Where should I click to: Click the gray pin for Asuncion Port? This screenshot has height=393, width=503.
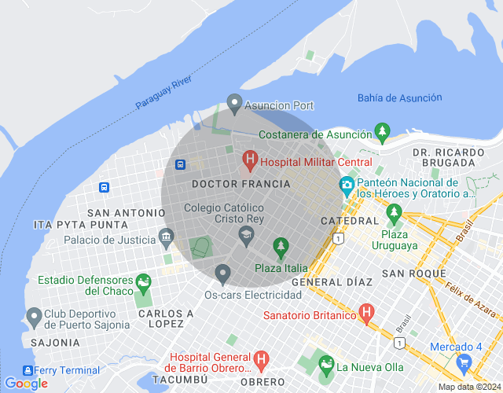tap(233, 103)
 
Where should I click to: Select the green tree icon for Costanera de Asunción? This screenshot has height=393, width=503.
tap(382, 130)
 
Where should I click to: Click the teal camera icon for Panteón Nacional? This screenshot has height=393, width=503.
tap(347, 185)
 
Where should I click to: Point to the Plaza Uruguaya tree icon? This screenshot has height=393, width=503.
tap(394, 212)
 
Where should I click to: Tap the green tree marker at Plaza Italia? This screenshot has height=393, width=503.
tap(281, 248)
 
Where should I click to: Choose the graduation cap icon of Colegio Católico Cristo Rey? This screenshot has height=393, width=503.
tap(246, 233)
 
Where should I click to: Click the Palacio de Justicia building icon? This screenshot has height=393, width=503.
tap(166, 236)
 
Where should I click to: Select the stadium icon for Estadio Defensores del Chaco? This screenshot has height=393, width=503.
tap(143, 281)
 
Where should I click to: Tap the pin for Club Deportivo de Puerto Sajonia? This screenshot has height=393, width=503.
tap(34, 317)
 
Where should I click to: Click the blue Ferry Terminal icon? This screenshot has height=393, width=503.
tap(29, 370)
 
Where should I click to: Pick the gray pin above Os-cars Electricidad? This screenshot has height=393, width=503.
tap(222, 274)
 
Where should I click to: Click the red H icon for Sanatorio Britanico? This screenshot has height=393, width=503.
tap(365, 314)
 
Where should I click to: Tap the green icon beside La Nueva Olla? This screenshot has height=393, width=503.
tap(325, 364)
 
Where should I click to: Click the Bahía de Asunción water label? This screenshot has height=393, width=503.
tap(399, 97)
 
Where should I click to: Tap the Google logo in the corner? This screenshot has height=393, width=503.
tap(26, 384)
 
